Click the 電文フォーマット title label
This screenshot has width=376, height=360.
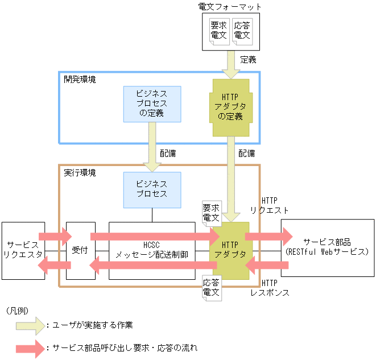tap(230, 6)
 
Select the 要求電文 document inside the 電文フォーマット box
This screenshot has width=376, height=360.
tap(218, 30)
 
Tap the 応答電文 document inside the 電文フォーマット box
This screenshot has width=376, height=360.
tap(242, 30)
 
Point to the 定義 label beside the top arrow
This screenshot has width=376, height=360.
tap(248, 59)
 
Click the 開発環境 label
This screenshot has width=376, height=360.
tap(80, 79)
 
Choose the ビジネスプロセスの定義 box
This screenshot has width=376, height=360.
tap(152, 104)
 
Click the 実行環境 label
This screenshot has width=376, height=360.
tap(80, 172)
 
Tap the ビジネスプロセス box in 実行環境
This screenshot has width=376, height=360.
tap(152, 189)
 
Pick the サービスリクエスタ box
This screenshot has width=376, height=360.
tap(23, 250)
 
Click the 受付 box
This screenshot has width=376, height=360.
tap(80, 250)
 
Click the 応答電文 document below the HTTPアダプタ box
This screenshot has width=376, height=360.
tap(212, 287)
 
